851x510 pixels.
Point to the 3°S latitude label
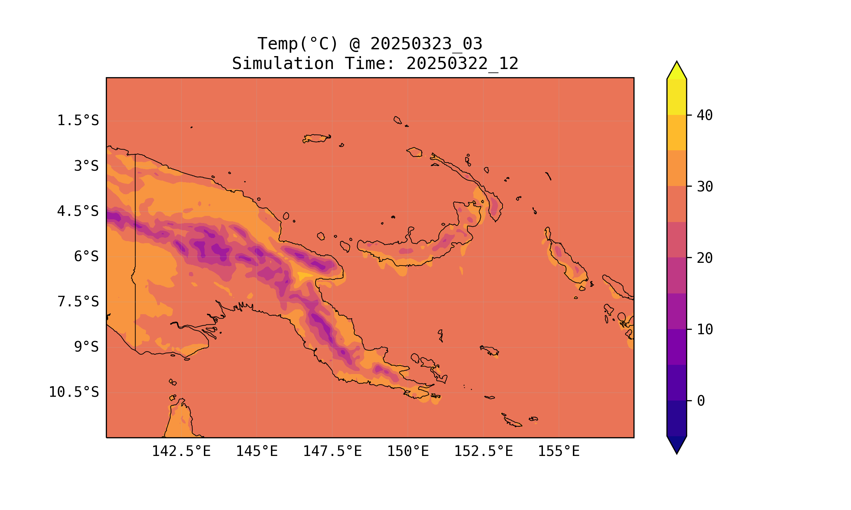(x=86, y=166)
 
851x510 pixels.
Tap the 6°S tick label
(x=86, y=256)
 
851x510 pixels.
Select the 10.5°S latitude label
(x=74, y=392)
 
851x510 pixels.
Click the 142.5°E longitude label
(x=181, y=451)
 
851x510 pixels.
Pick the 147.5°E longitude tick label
(x=332, y=451)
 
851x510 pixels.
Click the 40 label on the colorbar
(x=705, y=116)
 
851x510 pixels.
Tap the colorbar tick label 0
(x=701, y=401)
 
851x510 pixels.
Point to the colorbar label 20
(x=705, y=258)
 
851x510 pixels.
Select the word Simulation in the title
(x=283, y=64)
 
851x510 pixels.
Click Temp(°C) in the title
(x=298, y=44)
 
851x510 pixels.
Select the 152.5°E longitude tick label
(x=483, y=451)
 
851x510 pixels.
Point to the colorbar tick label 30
(x=705, y=187)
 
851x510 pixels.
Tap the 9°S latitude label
(x=86, y=347)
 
